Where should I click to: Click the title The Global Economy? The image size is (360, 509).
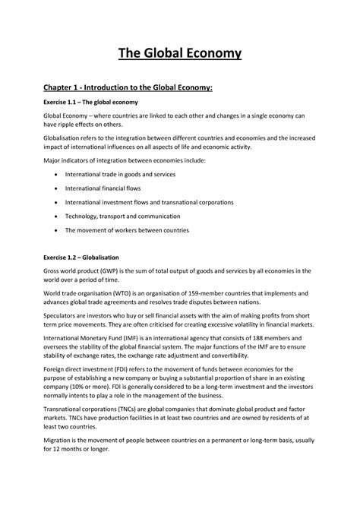point(180,52)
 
